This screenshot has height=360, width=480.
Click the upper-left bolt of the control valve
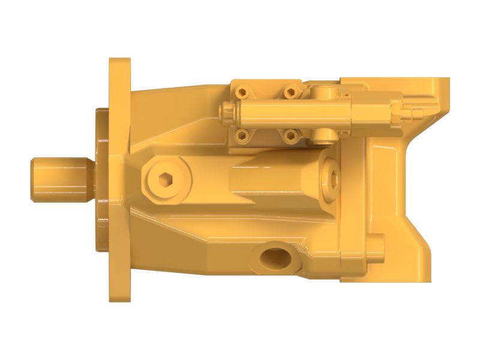click(242, 92)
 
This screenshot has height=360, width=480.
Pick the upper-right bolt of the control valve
click(290, 91)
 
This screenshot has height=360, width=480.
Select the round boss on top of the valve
click(324, 91)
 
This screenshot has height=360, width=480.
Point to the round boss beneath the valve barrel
click(325, 133)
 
